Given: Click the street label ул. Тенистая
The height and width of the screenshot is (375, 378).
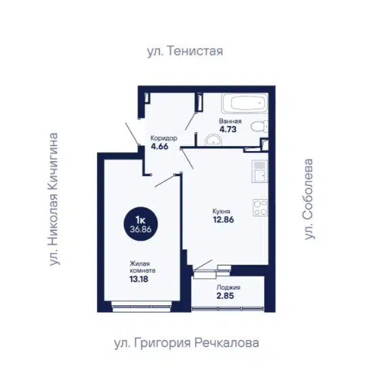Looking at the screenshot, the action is point(185,51).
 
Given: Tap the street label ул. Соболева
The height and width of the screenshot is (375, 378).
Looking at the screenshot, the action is point(309,199).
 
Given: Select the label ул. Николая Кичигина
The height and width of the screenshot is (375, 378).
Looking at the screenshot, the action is point(54,199).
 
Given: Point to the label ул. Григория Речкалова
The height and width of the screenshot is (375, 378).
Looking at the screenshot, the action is point(186,343).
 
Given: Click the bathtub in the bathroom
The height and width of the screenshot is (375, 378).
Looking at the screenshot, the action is point(245,104).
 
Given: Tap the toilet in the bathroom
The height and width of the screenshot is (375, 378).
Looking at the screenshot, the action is point(259,126).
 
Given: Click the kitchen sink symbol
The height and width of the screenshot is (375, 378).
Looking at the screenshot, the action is point(260,171).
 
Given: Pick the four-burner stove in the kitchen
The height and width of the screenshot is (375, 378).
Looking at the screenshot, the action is point(260,208).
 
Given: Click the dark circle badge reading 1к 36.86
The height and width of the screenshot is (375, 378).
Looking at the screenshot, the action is point(140,224).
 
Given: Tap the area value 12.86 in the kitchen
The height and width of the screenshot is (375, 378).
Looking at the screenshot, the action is point(224,220).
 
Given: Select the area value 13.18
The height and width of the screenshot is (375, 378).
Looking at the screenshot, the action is point(139,279).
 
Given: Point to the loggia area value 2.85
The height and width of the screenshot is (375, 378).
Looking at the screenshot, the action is point(225,296).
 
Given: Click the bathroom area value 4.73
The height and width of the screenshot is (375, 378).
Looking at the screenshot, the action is point(228,129).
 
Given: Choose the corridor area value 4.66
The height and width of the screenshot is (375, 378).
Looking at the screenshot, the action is point(159,146).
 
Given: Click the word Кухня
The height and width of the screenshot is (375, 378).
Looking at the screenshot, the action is point(222,211).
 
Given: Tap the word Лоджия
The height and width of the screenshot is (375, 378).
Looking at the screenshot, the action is point(228,287).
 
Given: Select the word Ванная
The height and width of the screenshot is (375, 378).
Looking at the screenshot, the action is point(230,121).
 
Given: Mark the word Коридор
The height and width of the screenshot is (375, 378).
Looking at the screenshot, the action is point(164,138).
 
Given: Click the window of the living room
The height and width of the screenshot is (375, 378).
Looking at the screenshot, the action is point(142,307).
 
